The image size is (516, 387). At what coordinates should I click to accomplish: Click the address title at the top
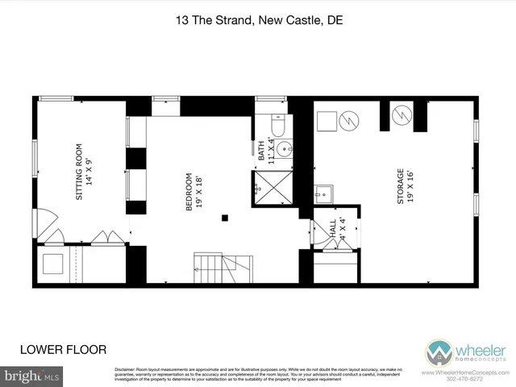click(x=258, y=22)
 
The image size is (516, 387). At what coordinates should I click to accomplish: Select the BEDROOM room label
click(x=190, y=192)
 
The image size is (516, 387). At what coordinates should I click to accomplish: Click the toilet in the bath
click(x=277, y=127)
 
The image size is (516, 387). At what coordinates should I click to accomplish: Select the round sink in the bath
click(x=284, y=148)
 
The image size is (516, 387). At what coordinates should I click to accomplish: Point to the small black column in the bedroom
click(x=227, y=217)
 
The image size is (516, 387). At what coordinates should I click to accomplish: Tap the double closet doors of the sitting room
click(x=102, y=239)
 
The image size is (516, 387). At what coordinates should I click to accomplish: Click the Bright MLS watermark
click(x=31, y=377)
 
